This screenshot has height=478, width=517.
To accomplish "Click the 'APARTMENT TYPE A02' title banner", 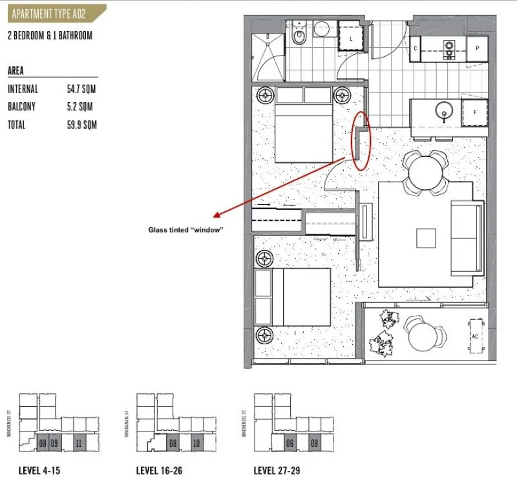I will pyautogui.click(x=51, y=12).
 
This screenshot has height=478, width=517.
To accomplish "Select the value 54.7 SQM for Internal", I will pyautogui.click(x=81, y=89).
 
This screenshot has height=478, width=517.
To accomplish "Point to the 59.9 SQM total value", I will pyautogui.click(x=81, y=125).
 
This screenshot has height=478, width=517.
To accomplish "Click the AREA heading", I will pyautogui.click(x=16, y=71).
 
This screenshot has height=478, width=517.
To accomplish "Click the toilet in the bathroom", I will pyautogui.click(x=299, y=36).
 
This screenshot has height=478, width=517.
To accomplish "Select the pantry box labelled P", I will pyautogui.click(x=478, y=48).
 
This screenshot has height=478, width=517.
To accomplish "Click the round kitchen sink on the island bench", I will pyautogui.click(x=443, y=109).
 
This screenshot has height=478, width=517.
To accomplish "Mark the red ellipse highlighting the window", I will pyautogui.click(x=362, y=141).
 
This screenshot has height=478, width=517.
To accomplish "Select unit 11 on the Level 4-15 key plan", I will pyautogui.click(x=78, y=444).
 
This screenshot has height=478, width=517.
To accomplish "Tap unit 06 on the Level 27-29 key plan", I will pyautogui.click(x=291, y=444).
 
